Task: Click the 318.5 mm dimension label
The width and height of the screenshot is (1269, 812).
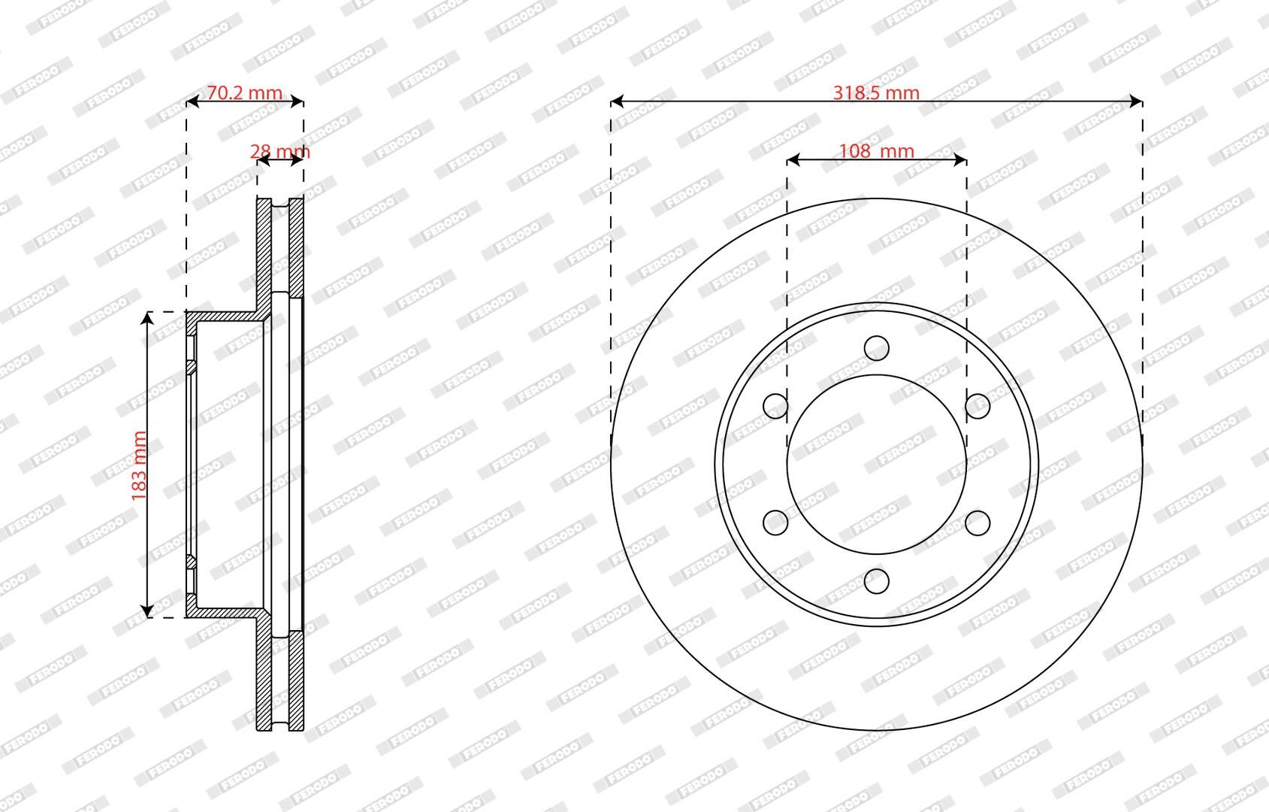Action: click(x=876, y=92)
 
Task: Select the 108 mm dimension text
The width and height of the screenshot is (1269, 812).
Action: click(x=876, y=151)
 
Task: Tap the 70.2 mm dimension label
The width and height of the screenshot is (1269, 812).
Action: click(x=244, y=92)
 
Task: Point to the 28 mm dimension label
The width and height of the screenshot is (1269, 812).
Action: click(x=279, y=151)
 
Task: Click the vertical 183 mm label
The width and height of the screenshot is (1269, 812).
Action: click(x=139, y=465)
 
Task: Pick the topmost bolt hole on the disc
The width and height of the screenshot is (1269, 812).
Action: click(x=876, y=347)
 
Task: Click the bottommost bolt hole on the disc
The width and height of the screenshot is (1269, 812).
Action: click(x=876, y=581)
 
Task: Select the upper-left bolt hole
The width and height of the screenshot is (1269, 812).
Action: click(x=775, y=406)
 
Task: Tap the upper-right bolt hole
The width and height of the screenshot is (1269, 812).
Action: click(x=977, y=406)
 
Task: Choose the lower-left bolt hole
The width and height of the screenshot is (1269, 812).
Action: click(x=775, y=523)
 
